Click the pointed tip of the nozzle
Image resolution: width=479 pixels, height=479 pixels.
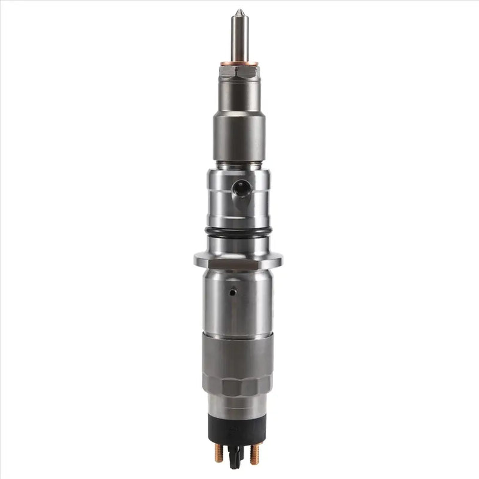tap(239, 12)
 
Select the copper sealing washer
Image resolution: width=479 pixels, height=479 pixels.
tap(239, 63)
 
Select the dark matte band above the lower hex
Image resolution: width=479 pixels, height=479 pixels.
tap(239, 353)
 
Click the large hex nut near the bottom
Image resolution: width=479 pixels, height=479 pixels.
tap(239, 383)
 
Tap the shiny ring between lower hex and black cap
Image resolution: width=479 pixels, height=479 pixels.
tap(239, 404)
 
